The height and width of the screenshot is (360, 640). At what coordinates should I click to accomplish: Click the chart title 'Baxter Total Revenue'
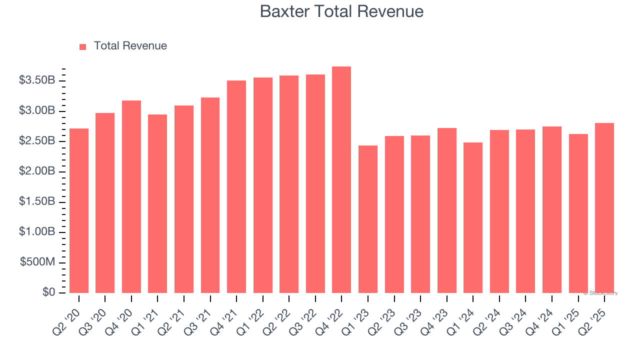point(341,11)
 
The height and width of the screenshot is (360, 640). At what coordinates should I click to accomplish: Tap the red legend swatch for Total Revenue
point(83,46)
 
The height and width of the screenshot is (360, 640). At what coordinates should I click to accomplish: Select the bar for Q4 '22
point(341,180)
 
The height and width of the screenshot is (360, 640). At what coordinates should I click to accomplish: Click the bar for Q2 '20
point(79,210)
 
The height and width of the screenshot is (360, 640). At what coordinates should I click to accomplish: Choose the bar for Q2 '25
point(604,208)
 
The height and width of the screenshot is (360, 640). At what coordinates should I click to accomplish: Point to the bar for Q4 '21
point(236,186)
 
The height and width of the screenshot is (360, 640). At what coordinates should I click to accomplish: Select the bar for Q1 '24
point(473,217)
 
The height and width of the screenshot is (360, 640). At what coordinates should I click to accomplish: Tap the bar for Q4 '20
point(131,196)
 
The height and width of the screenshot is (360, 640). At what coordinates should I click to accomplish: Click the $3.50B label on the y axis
point(37,80)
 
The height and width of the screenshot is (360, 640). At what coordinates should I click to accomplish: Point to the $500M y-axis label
point(37,262)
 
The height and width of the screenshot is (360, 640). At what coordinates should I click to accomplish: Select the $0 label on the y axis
point(48,292)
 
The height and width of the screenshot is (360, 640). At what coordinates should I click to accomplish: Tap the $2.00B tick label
point(37,171)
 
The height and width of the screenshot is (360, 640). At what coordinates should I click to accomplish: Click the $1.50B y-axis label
point(37,201)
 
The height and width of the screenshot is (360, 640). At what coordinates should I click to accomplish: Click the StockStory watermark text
point(600,293)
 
